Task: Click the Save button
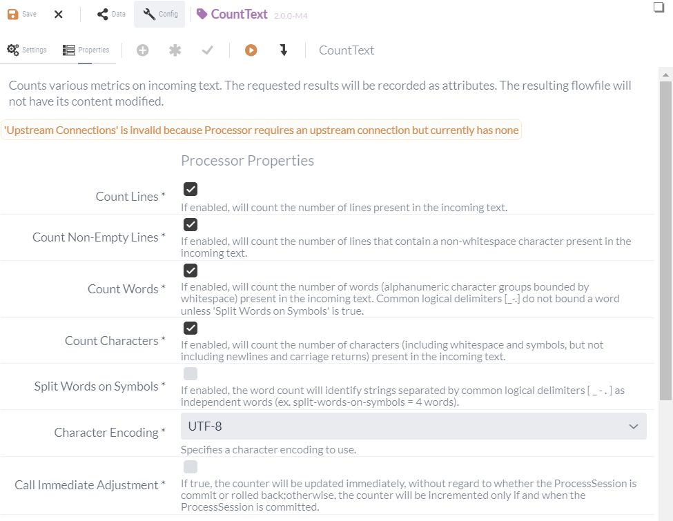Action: (22, 14)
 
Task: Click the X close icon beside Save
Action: (59, 14)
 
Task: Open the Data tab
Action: (111, 14)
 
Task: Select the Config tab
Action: (160, 14)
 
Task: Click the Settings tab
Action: (27, 50)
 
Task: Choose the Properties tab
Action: (86, 50)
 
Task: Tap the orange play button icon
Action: (251, 50)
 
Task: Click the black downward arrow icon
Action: (283, 50)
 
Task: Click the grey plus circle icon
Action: (143, 50)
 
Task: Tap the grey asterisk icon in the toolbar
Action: (175, 50)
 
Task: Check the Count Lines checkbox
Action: (191, 189)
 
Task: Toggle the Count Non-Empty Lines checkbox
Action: (191, 224)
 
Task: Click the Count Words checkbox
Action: (191, 271)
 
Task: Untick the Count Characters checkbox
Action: (191, 328)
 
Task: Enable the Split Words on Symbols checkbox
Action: (191, 374)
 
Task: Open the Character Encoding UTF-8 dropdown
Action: (413, 426)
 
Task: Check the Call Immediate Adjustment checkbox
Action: (191, 466)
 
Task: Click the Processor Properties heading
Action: (247, 161)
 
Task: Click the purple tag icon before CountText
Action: (202, 14)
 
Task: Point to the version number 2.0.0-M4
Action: (291, 15)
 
